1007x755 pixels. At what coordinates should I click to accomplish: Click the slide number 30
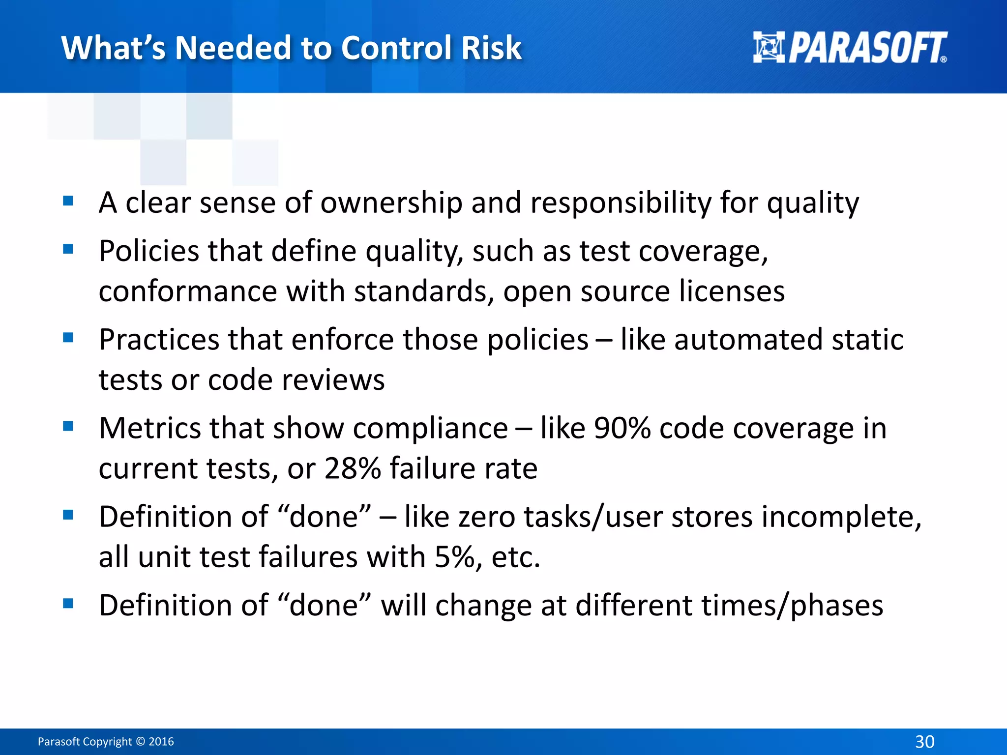(924, 741)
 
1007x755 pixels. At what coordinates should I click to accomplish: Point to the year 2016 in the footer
(161, 742)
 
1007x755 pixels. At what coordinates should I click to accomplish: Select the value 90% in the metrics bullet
(622, 428)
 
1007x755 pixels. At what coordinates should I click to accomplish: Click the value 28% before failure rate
(352, 468)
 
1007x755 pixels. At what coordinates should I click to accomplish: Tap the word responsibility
(621, 203)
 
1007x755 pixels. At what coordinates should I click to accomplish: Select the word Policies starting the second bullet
(148, 251)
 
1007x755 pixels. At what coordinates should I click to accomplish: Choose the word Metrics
(149, 428)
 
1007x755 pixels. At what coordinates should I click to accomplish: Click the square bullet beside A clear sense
(68, 201)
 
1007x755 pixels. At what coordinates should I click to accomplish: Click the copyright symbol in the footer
(141, 742)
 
